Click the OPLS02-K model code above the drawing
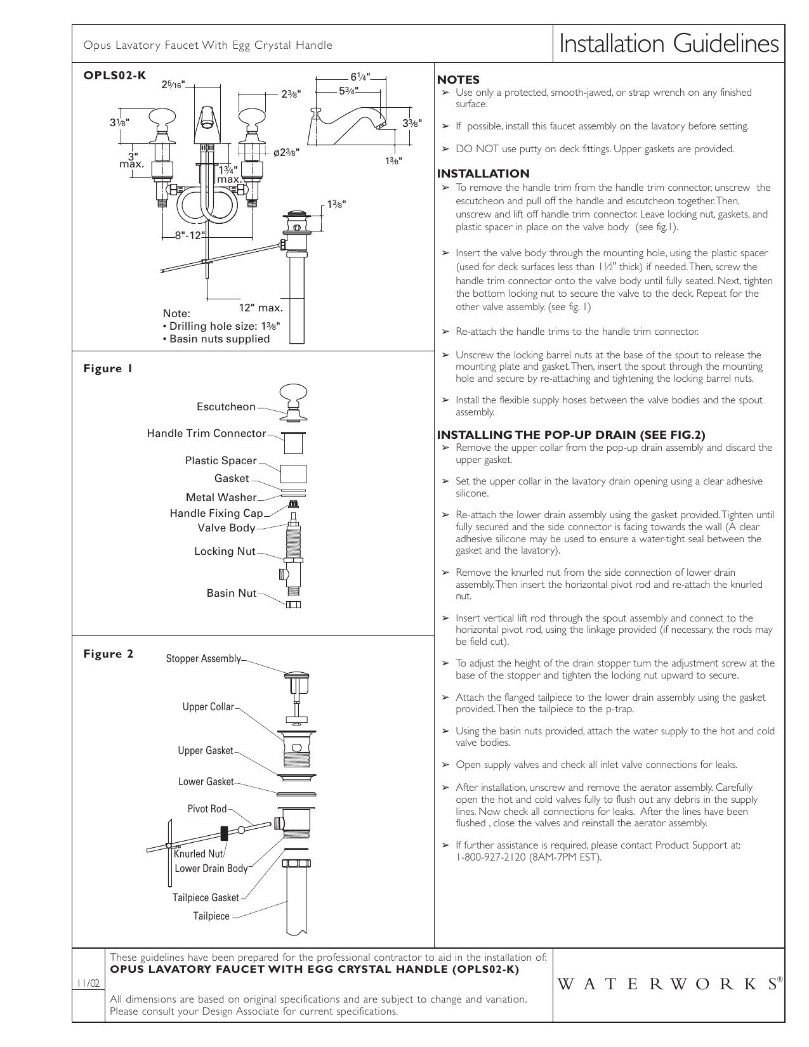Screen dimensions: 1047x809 (x=115, y=75)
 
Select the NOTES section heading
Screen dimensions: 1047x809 (x=458, y=80)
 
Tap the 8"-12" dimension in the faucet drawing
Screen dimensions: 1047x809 (x=191, y=236)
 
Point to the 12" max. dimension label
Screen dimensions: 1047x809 (x=260, y=308)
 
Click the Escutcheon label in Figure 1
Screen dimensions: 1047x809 (x=226, y=407)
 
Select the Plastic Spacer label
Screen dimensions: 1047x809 (x=221, y=461)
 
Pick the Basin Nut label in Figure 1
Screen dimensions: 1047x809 (x=232, y=594)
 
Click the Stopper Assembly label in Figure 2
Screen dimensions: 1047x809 (x=203, y=659)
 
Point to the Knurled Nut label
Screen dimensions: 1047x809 (x=199, y=854)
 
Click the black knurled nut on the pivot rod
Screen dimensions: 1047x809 (x=224, y=833)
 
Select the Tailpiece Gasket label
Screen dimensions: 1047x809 (x=206, y=898)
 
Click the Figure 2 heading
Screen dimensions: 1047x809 (x=109, y=654)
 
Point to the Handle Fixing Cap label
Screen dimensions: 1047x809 (x=216, y=514)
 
